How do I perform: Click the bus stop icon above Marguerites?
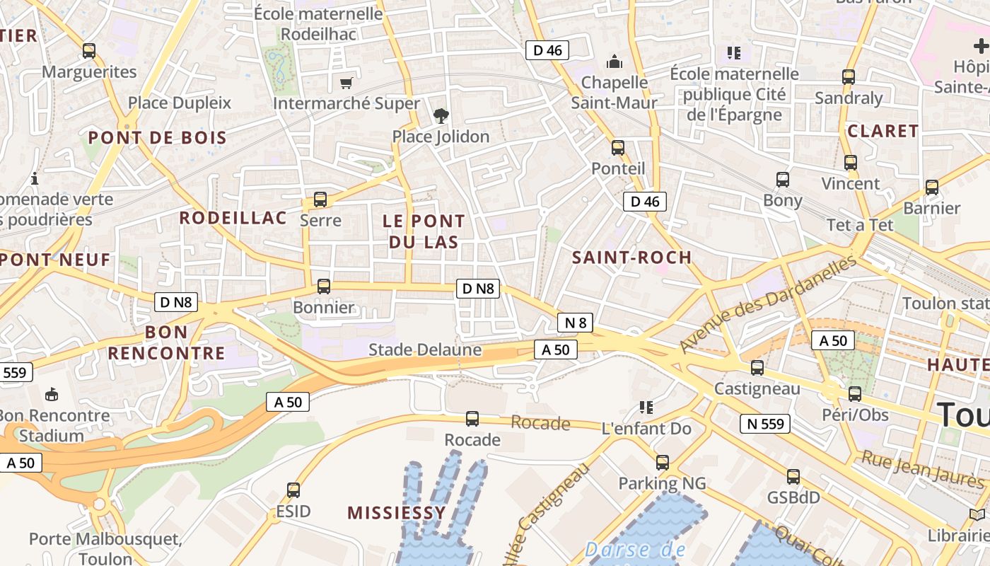(89, 51)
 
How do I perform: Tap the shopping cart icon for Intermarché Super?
(346, 83)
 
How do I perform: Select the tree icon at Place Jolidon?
(441, 115)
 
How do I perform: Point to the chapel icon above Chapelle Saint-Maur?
(615, 62)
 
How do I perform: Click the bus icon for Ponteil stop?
(618, 148)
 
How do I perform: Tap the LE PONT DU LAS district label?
(424, 231)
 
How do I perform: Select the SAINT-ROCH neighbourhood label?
(631, 258)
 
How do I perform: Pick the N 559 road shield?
(764, 424)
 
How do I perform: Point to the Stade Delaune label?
(425, 350)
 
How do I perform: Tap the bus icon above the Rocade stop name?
(472, 419)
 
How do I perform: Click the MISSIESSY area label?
(397, 513)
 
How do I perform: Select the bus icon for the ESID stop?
(293, 490)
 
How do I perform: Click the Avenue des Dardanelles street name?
(769, 304)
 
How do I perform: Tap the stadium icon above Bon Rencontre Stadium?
(52, 394)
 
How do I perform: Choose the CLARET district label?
(883, 131)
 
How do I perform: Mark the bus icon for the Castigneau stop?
(757, 368)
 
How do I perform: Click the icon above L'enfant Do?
(646, 408)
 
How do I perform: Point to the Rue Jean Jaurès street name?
(922, 469)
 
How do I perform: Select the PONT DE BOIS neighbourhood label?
(158, 138)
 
